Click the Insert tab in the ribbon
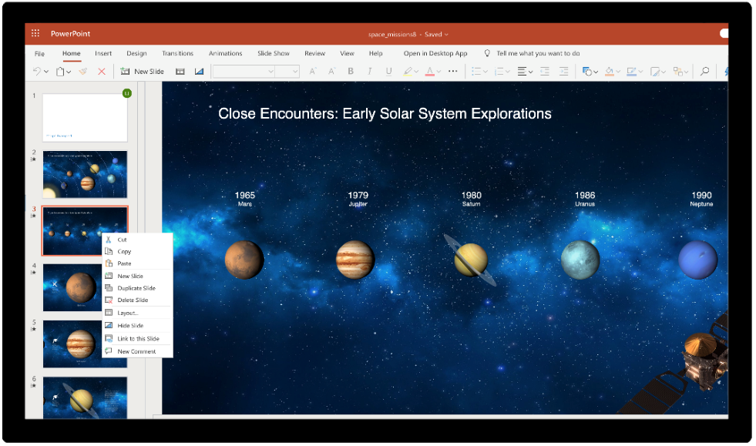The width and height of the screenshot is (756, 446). [103, 53]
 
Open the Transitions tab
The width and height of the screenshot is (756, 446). [177, 53]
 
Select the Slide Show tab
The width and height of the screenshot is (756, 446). [274, 53]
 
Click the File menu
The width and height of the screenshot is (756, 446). [39, 53]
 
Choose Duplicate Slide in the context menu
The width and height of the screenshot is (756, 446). [136, 288]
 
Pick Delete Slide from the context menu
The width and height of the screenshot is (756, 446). [133, 300]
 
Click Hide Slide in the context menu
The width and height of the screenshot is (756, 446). [130, 326]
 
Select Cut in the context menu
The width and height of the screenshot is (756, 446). [122, 240]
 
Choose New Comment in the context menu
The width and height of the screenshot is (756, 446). [136, 351]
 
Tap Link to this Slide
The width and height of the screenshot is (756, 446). [138, 339]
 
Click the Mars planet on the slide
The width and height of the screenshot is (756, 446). [244, 260]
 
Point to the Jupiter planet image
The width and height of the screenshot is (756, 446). [355, 260]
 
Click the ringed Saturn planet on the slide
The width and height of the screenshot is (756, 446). [470, 259]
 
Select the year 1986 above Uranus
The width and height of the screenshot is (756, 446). [584, 195]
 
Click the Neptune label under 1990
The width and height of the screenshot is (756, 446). [701, 204]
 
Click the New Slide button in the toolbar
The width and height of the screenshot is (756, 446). [143, 72]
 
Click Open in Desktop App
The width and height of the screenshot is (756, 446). [435, 53]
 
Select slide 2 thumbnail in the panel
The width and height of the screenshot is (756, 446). [85, 174]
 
